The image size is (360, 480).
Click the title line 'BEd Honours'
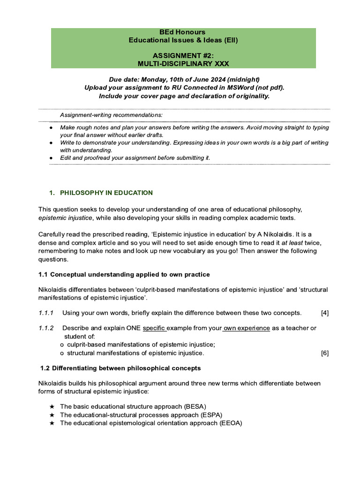(x=183, y=32)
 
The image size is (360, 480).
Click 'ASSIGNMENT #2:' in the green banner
(x=183, y=55)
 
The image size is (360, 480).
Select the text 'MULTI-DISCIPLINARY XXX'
(x=183, y=63)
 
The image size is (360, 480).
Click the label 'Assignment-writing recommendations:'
(x=111, y=115)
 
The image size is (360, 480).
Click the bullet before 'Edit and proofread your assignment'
(x=51, y=158)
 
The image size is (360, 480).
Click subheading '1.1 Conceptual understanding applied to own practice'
(x=124, y=274)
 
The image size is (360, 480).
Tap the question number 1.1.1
(x=46, y=313)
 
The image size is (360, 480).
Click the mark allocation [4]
(x=324, y=313)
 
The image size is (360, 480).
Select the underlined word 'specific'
(x=154, y=328)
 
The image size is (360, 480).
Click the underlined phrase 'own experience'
(x=247, y=328)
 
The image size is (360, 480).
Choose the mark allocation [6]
(x=324, y=353)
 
